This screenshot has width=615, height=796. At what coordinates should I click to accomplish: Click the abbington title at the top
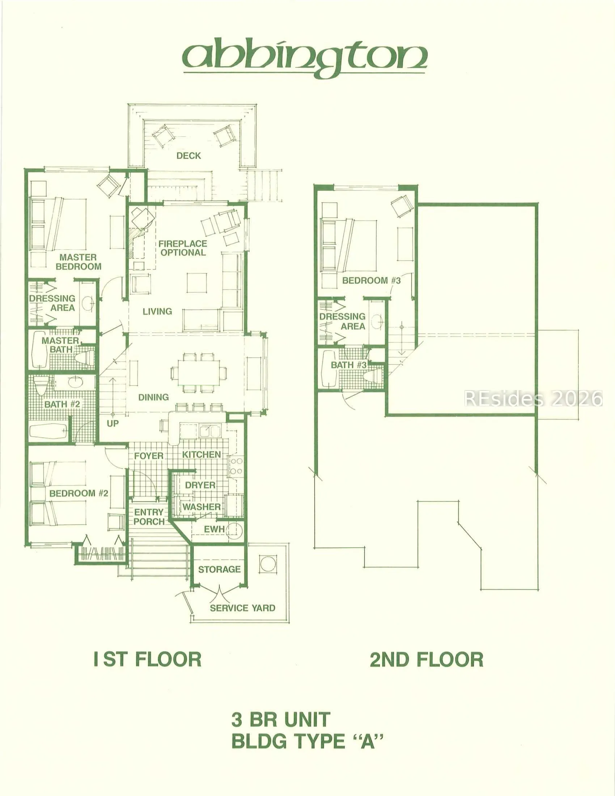point(305,58)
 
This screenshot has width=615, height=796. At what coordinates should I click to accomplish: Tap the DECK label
point(189,156)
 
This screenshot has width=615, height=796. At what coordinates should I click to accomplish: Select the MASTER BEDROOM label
point(79,262)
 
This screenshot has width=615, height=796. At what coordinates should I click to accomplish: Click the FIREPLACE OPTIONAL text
point(183,248)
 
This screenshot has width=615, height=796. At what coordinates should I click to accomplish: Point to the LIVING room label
point(157,311)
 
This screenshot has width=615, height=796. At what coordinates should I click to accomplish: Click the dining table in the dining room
point(199,372)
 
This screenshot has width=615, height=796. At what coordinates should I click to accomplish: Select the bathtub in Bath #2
point(48,432)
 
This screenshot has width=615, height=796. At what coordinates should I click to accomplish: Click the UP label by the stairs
point(113,424)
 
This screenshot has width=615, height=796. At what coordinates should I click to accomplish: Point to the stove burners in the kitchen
point(236,466)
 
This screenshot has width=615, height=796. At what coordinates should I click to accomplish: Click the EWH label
point(214,529)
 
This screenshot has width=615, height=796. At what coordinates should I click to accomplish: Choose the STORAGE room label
point(219,569)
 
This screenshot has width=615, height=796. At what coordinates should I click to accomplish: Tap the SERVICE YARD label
point(243,608)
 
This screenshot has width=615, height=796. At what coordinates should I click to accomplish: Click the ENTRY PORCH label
point(149,517)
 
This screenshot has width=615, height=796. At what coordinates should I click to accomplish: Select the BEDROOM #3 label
point(371,280)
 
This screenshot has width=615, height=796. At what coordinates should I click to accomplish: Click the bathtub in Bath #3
point(329,369)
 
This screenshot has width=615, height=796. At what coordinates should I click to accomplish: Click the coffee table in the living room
point(197,283)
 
